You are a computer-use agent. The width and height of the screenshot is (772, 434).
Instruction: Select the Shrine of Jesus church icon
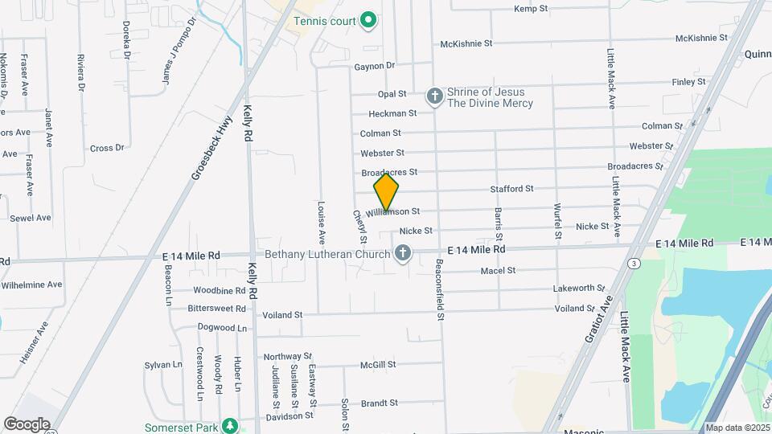point(434,97)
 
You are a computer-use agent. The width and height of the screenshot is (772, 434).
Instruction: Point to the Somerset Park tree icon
point(230,425)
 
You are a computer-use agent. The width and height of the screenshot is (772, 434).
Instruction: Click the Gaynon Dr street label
point(375,66)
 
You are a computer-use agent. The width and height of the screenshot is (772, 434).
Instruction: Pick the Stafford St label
point(512,189)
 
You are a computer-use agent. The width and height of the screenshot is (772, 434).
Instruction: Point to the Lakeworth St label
point(579,288)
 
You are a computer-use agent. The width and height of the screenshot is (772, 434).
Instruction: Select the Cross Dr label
point(107,148)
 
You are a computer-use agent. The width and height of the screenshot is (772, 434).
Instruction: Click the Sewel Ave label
point(31,218)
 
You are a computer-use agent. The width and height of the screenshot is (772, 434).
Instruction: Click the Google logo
point(27,424)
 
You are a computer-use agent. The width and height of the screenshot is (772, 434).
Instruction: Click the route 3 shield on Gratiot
point(635,263)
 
